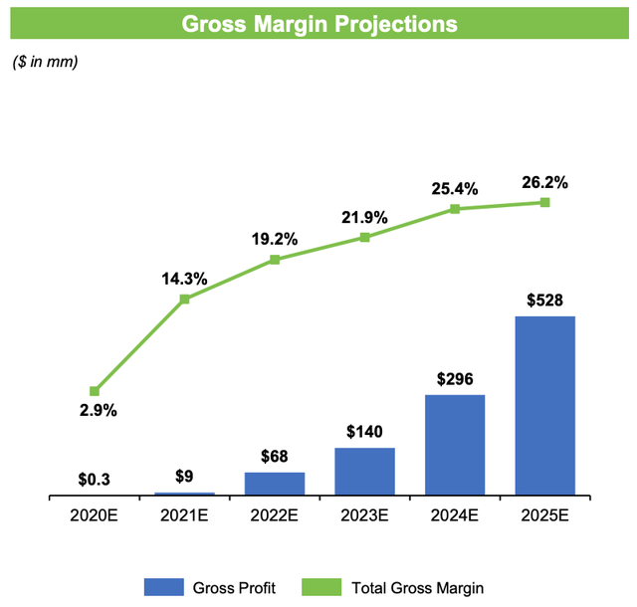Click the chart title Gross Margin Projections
tap(318, 22)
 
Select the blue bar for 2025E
tap(544, 405)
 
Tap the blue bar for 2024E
tap(455, 444)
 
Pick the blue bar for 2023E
tap(364, 471)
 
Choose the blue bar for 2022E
tap(275, 483)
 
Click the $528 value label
tap(544, 301)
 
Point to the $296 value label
tap(455, 379)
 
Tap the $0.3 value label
tap(95, 480)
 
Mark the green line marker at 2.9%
tap(95, 391)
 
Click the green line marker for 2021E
tap(185, 299)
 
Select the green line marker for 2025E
tap(545, 202)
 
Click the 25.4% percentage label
tap(455, 188)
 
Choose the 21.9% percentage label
tap(364, 217)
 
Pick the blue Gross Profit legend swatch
tap(166, 587)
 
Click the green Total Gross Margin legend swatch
tap(325, 587)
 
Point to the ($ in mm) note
tap(45, 62)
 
